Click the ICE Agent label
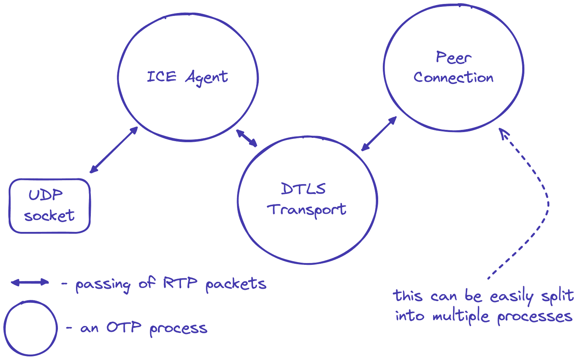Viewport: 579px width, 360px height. coord(187,77)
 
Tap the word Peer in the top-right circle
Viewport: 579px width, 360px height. coord(453,58)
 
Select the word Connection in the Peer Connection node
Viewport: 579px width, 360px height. coord(453,77)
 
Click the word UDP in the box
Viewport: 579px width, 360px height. coord(45,195)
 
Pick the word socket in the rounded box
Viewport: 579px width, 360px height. coord(49,216)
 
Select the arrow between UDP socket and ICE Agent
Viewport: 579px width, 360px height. coord(114,149)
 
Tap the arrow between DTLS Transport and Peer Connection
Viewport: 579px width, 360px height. coord(379,134)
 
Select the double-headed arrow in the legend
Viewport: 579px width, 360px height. coord(30,283)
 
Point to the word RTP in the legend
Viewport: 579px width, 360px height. coord(179,283)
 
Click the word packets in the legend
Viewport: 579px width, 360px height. coord(235,284)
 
